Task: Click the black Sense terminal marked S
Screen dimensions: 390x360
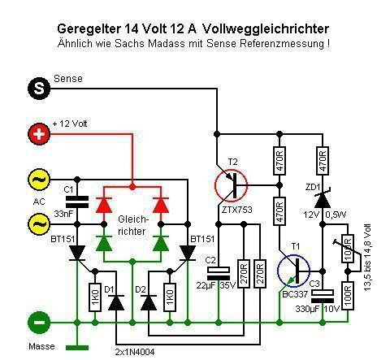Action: (x=39, y=89)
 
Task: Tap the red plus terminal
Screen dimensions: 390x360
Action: (x=39, y=134)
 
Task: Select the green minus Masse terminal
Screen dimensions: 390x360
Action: (x=39, y=323)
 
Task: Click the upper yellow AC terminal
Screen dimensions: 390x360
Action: (x=39, y=180)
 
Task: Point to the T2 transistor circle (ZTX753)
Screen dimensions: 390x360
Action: (x=231, y=185)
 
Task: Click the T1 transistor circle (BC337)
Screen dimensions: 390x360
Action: (x=294, y=271)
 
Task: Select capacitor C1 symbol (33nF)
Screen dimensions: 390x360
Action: (x=77, y=202)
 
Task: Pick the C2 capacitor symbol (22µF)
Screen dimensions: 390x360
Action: (x=219, y=274)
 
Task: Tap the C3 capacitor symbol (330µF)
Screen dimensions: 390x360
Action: (x=323, y=296)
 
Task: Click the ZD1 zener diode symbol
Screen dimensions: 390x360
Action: (x=323, y=200)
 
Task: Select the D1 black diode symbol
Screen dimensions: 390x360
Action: (x=116, y=302)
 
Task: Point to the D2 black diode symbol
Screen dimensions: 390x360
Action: (x=149, y=302)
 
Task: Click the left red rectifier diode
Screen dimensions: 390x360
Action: (x=104, y=205)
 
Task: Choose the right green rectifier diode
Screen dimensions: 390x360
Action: (x=161, y=243)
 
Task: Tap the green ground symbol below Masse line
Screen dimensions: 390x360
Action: (x=77, y=348)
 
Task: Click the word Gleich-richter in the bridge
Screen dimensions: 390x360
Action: (x=133, y=225)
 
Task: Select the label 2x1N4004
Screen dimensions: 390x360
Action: (x=135, y=352)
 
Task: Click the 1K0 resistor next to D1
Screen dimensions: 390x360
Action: (x=95, y=297)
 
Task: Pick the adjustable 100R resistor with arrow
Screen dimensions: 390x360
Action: (x=348, y=249)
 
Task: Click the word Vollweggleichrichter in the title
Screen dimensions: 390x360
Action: (x=266, y=28)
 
